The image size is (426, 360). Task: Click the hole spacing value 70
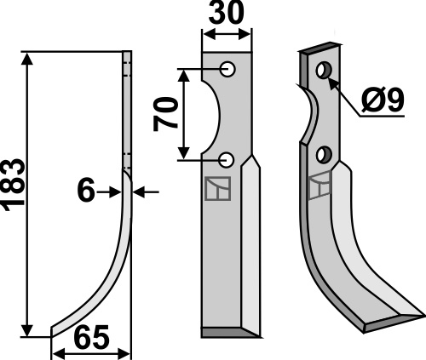[x=167, y=113]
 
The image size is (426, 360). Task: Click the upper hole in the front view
[x=227, y=69]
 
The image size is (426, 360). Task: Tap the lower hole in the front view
[x=227, y=158]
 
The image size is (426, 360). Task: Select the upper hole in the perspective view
[x=323, y=70]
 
